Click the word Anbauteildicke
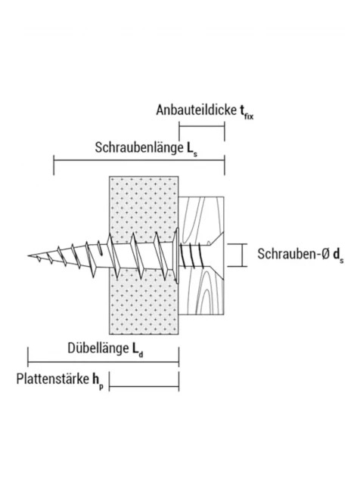click(196, 110)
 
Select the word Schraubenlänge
click(139, 147)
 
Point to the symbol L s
click(192, 149)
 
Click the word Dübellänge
click(98, 348)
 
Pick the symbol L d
click(138, 350)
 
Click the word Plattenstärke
click(53, 379)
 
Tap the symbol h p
click(98, 381)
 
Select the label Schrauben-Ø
click(293, 254)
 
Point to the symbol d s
click(338, 255)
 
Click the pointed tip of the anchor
click(28, 255)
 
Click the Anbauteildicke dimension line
click(202, 127)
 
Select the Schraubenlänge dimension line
click(139, 160)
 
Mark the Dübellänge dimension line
click(104, 362)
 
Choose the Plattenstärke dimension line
click(144, 386)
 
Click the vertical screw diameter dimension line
click(243, 255)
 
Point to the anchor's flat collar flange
click(176, 255)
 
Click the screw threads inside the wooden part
click(192, 255)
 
